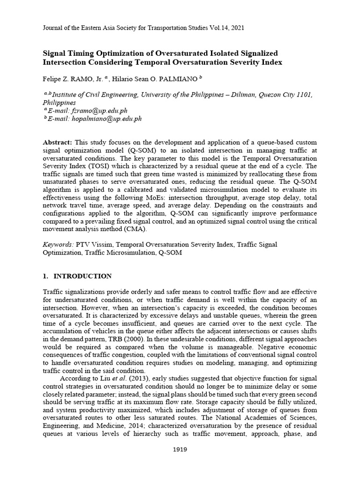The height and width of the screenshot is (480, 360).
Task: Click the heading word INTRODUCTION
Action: [82, 276]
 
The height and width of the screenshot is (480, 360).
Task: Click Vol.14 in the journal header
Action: [212, 28]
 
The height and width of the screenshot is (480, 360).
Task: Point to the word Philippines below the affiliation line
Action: [60, 102]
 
